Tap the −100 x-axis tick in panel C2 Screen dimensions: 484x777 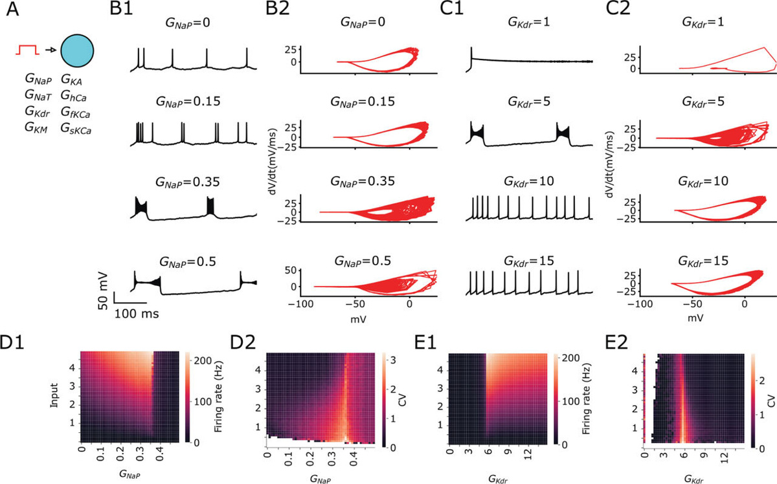640,304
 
